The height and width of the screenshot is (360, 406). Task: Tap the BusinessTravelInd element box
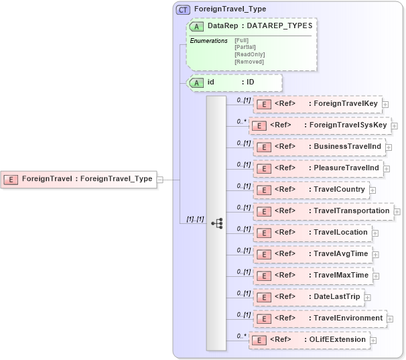point(318,147)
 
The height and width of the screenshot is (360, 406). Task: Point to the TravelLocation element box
point(311,233)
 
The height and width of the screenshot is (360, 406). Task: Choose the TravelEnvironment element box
point(319,318)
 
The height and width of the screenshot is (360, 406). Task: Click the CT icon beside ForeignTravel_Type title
point(183,9)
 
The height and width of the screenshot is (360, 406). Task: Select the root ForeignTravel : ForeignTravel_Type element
point(78,179)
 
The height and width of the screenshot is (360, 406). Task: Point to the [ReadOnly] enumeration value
point(249,54)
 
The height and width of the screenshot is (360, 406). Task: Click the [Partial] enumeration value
point(245,47)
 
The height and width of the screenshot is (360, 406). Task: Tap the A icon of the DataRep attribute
point(197,26)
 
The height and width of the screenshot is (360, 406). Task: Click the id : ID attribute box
point(231,82)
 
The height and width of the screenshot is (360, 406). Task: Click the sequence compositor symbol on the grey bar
point(216,223)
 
